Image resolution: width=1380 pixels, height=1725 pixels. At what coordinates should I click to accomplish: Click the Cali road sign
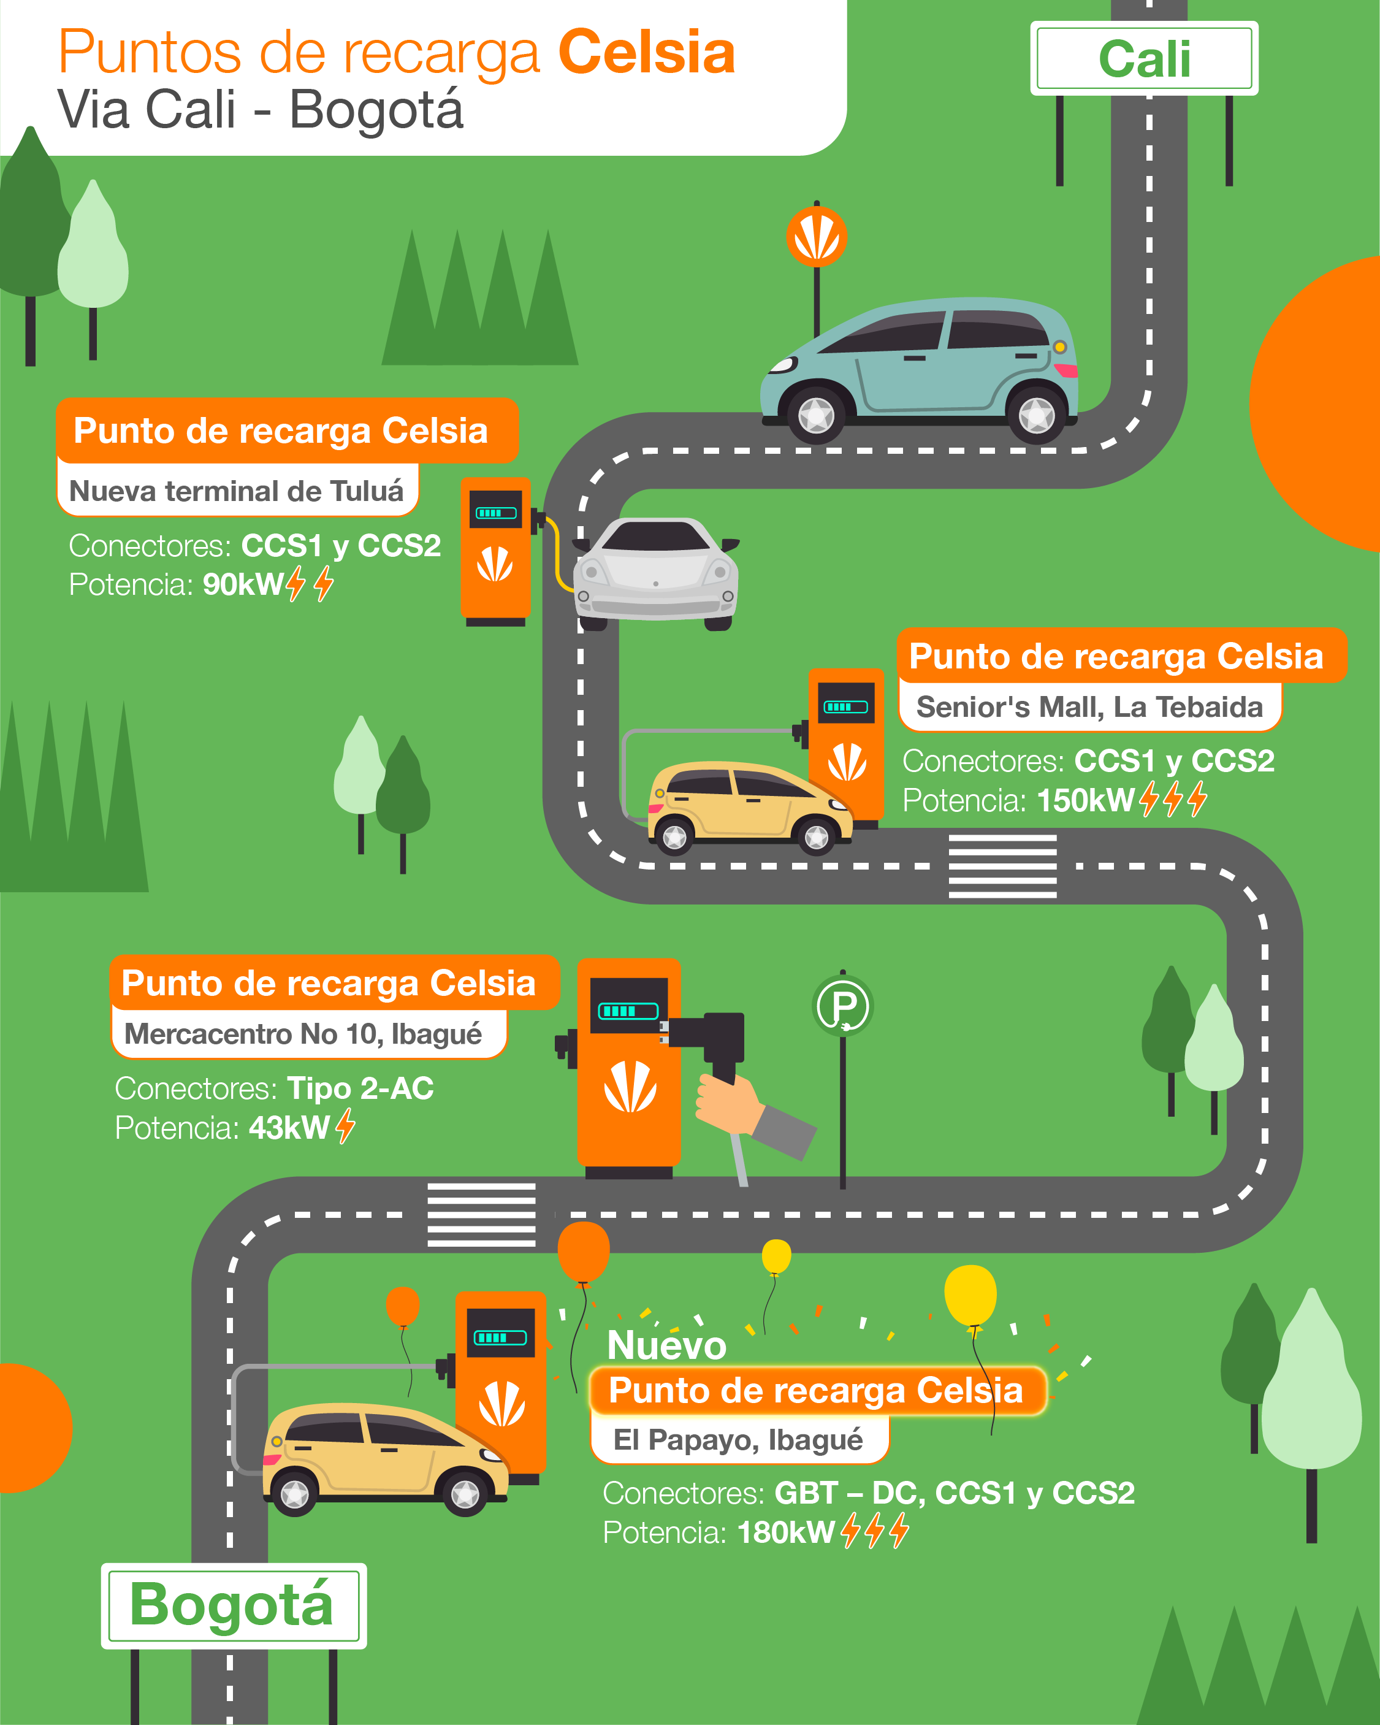click(1144, 58)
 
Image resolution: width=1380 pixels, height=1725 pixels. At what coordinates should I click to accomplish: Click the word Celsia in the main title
click(646, 52)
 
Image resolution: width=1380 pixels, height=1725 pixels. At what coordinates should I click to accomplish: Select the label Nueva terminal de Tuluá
click(237, 491)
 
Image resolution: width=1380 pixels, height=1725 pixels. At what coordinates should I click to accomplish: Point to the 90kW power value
click(242, 585)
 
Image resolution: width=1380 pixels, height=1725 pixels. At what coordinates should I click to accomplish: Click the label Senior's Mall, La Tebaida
click(1089, 707)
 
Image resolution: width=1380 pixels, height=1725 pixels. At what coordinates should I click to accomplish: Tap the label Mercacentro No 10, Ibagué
click(304, 1034)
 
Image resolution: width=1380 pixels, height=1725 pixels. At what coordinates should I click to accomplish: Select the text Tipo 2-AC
click(360, 1088)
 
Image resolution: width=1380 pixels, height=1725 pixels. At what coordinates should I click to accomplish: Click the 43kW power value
click(289, 1128)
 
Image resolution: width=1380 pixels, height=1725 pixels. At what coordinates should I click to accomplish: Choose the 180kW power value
click(785, 1532)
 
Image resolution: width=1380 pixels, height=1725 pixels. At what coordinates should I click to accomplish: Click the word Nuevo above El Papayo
click(666, 1345)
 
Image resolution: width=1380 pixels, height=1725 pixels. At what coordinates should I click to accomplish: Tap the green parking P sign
click(842, 1006)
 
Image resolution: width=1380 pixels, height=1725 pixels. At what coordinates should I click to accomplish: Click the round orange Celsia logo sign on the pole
click(816, 237)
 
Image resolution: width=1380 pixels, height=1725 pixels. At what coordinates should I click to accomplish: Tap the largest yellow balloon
click(970, 1295)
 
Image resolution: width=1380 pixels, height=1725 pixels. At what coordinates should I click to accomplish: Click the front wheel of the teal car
click(816, 415)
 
